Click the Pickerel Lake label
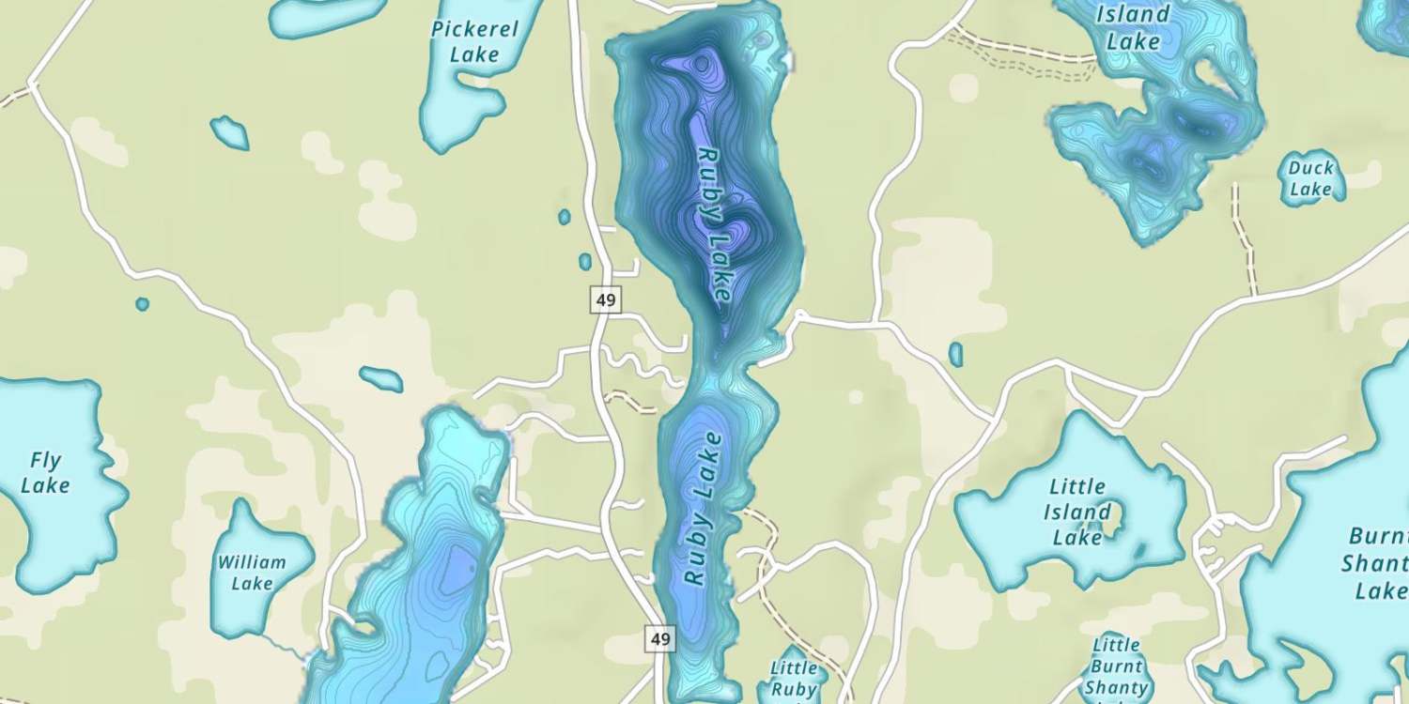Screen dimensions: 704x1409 [x=474, y=41]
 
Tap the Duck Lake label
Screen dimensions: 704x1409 [x=1310, y=178]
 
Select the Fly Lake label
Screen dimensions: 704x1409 [x=45, y=472]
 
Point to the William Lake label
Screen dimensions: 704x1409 [x=252, y=573]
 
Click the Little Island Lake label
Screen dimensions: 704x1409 [x=1076, y=513]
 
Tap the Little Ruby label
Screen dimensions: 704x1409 [x=794, y=678]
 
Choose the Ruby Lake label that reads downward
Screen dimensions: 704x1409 [x=715, y=224]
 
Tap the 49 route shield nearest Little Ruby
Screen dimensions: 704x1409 [x=660, y=639]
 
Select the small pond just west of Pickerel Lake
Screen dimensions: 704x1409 [x=229, y=132]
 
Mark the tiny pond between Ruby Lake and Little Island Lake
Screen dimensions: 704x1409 [x=955, y=354]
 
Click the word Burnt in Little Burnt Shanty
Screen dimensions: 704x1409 [x=1117, y=666]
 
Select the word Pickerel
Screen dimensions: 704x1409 [x=474, y=29]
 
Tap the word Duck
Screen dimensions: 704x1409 [x=1310, y=168]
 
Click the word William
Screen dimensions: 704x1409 [x=252, y=562]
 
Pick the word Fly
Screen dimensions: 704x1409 [x=45, y=461]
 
